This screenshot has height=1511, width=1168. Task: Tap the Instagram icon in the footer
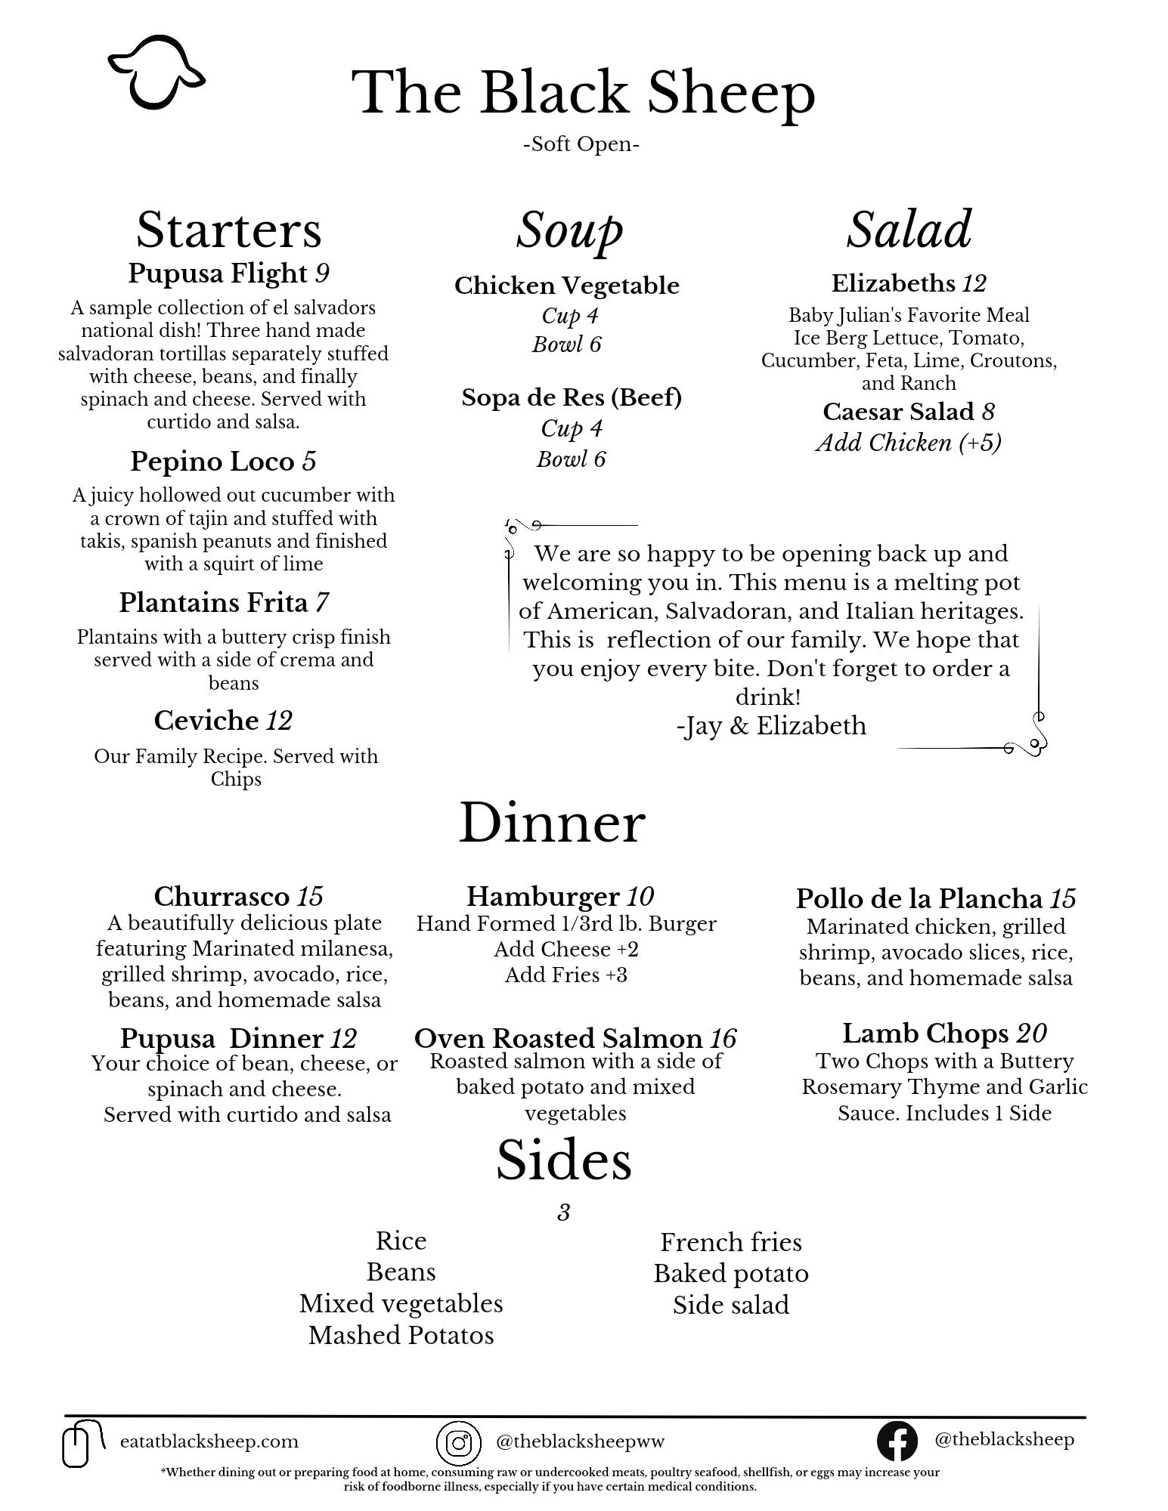[x=458, y=1442]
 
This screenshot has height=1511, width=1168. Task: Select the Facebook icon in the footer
[x=897, y=1440]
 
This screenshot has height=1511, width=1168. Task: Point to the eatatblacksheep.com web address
[x=209, y=1441]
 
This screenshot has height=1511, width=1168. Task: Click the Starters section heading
[x=228, y=230]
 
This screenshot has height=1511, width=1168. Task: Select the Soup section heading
[x=569, y=230]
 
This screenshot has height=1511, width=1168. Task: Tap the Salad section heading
[x=909, y=230]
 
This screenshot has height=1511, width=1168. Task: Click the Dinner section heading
[x=552, y=823]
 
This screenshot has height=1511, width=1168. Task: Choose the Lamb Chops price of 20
[x=1032, y=1033]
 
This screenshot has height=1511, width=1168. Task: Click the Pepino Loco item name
[x=212, y=461]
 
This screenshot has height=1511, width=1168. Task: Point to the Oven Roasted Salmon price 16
[x=723, y=1039]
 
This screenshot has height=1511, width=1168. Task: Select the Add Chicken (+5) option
[x=908, y=443]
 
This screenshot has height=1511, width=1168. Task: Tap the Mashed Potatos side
[x=401, y=1336]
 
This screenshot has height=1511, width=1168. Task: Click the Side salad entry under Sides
[x=730, y=1305]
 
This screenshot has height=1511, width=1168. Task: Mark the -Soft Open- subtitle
[x=581, y=144]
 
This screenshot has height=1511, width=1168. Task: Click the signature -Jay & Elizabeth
[x=771, y=726]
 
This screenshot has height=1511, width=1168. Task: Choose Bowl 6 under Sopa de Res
[x=571, y=459]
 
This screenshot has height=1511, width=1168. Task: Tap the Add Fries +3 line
[x=565, y=975]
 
